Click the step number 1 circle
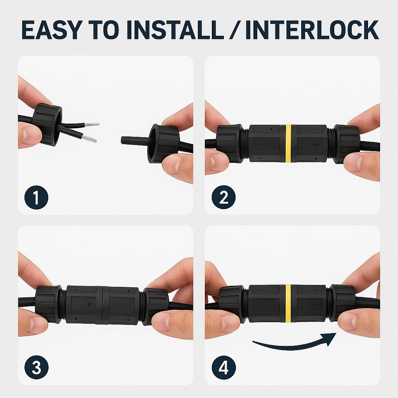click(37, 197)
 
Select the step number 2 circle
click(223, 197)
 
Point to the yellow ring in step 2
click(289, 143)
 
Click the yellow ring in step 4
click(288, 303)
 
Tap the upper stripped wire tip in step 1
click(92, 125)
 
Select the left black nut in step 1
click(47, 124)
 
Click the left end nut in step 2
click(229, 143)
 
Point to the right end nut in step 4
click(342, 302)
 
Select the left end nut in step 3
click(48, 304)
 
